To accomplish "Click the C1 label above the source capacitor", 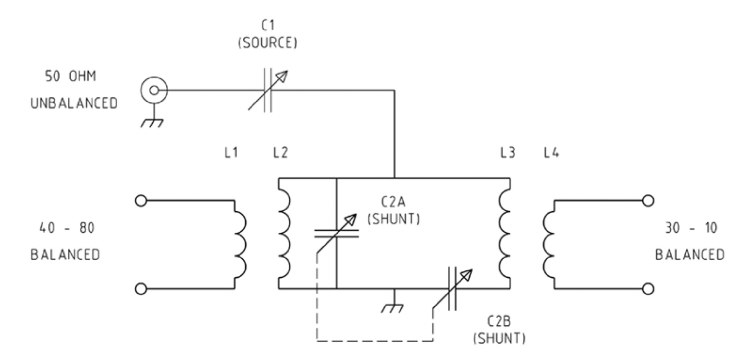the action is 268,25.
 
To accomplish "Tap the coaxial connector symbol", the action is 154,90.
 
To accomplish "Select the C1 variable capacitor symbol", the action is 267,90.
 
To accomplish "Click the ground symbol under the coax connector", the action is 152,123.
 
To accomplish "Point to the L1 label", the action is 231,152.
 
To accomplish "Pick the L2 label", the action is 280,152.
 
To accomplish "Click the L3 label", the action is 508,152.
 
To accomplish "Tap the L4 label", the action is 551,152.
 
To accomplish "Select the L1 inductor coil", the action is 240,245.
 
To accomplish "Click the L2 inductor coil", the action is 285,234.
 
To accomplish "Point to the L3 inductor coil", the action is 505,234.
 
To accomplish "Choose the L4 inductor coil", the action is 548,245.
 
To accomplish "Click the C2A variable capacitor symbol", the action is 337,234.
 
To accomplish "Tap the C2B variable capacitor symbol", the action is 452,288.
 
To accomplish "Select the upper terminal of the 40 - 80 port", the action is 141,201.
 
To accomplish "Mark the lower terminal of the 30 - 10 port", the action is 648,289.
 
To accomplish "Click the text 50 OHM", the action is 70,76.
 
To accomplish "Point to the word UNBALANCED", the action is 74,103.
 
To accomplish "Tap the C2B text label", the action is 499,321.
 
